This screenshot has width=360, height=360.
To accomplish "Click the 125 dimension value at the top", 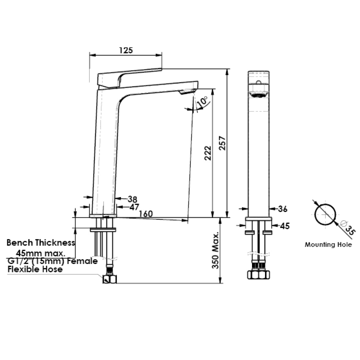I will (126, 50).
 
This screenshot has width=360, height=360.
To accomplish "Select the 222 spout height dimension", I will (208, 153).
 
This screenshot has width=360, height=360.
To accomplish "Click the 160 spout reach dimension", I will (146, 214).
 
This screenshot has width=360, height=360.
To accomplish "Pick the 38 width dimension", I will (132, 199).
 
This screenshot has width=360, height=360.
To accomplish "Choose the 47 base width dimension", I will (134, 207).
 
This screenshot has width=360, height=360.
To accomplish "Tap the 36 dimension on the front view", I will (283, 209).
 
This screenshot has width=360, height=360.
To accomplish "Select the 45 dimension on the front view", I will (285, 226).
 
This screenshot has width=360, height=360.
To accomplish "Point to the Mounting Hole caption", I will (328, 245).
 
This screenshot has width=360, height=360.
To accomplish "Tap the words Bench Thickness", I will (41, 242).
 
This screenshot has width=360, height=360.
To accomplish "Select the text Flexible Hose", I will (35, 269).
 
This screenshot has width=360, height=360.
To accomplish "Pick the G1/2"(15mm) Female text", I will (52, 261).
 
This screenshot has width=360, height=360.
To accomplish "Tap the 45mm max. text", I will (41, 252).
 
